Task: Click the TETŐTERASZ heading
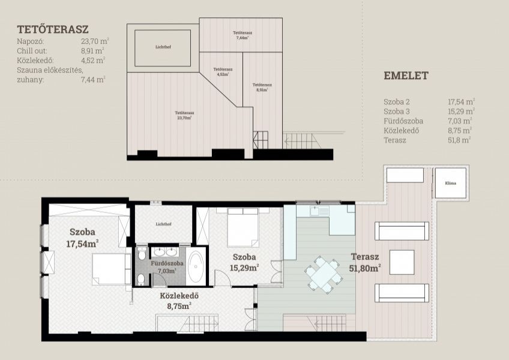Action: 53,29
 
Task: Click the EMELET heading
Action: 406,76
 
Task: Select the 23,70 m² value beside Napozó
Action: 95,41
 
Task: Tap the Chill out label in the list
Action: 32,51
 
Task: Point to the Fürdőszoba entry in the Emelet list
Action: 403,121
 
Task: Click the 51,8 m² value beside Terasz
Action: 459,140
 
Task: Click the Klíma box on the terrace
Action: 451,183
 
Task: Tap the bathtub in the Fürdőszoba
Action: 196,266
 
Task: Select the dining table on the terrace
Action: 324,274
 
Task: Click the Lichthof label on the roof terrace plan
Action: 163,47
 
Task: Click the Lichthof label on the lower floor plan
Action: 164,224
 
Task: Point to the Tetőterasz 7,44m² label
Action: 242,35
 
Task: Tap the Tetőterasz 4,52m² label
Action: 223,72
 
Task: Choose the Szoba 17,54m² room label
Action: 82,238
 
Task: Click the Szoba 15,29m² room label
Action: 244,262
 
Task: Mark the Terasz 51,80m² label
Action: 365,263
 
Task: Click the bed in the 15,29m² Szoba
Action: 243,227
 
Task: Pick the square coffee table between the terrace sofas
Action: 402,262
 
